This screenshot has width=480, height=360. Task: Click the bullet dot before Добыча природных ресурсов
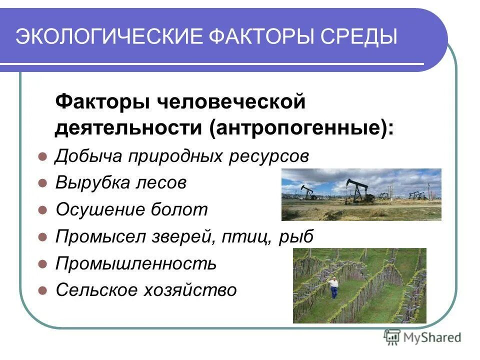[x=42, y=157]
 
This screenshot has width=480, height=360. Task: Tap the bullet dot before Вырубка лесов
[x=42, y=183]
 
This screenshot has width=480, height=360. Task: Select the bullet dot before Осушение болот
[x=42, y=210]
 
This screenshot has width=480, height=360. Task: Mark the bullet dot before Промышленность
[x=42, y=263]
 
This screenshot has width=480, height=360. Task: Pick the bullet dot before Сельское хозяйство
[x=42, y=290]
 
